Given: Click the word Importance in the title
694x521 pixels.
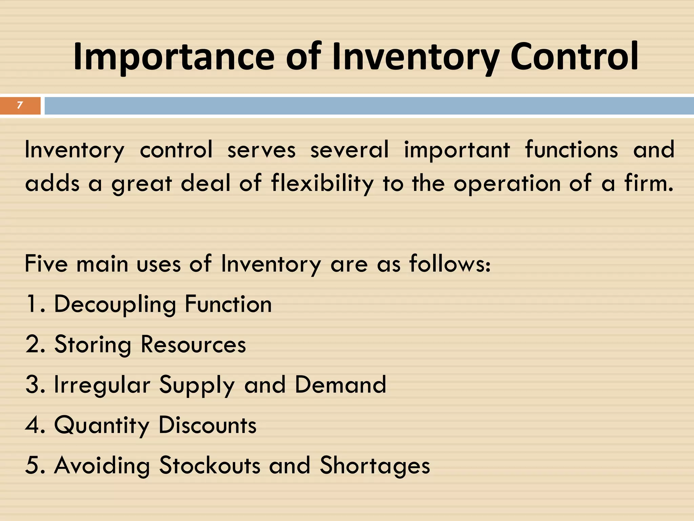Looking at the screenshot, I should [x=173, y=57].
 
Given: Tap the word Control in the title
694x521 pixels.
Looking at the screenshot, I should [x=574, y=56].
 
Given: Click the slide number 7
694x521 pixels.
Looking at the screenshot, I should [x=20, y=105].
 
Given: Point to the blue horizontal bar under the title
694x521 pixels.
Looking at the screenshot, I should [x=369, y=106].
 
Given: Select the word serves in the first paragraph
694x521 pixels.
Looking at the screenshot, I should [x=261, y=150].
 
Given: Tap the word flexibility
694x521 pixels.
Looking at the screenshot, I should [x=322, y=184].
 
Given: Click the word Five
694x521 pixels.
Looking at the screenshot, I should [x=46, y=264].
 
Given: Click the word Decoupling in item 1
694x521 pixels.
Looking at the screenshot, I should [x=115, y=304].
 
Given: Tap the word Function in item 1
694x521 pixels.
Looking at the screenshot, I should [x=228, y=304].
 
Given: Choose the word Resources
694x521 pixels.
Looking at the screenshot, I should [x=193, y=344].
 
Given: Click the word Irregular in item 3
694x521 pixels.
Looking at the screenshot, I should [x=102, y=385].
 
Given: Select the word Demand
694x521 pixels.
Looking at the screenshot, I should [x=340, y=385].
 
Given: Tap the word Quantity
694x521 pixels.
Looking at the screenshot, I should [x=102, y=425].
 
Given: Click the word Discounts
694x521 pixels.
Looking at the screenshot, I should [x=207, y=425].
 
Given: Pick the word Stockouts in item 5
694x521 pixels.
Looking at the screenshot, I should [x=210, y=465].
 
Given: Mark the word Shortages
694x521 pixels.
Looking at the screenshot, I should [x=375, y=465].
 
